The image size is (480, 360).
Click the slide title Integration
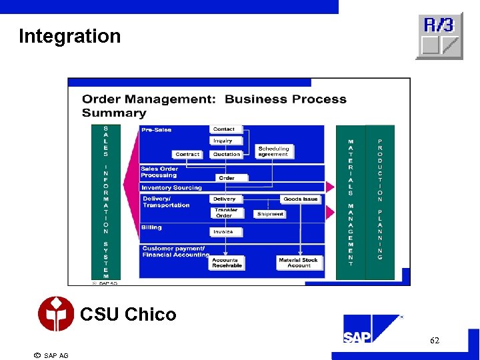click(x=70, y=36)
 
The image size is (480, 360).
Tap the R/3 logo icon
click(x=439, y=36)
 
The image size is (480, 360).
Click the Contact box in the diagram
click(x=224, y=129)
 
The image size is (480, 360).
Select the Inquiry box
click(x=223, y=141)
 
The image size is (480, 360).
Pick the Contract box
click(x=187, y=154)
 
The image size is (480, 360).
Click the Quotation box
click(x=227, y=154)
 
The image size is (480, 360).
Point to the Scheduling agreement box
click(x=273, y=151)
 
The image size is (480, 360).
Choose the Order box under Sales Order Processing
click(x=227, y=178)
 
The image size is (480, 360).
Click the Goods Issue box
click(x=300, y=199)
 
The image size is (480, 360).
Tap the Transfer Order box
click(x=226, y=213)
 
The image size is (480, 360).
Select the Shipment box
click(x=270, y=214)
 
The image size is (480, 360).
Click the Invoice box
click(x=223, y=232)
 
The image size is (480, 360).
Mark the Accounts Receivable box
click(x=227, y=263)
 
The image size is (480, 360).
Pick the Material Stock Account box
click(x=298, y=263)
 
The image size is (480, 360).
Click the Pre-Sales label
click(x=156, y=130)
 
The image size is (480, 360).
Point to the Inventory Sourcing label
click(x=171, y=188)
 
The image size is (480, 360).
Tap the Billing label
click(x=151, y=227)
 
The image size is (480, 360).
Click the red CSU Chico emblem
click(x=56, y=314)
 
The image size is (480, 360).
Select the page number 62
click(x=434, y=341)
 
